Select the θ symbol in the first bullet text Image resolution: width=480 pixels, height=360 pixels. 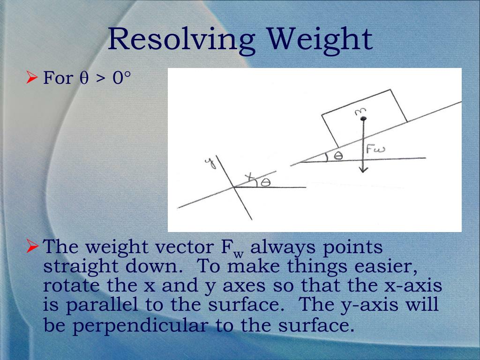pos(84,78)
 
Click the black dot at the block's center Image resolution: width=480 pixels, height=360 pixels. pos(362,117)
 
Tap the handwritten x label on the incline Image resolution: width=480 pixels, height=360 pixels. pos(249,176)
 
